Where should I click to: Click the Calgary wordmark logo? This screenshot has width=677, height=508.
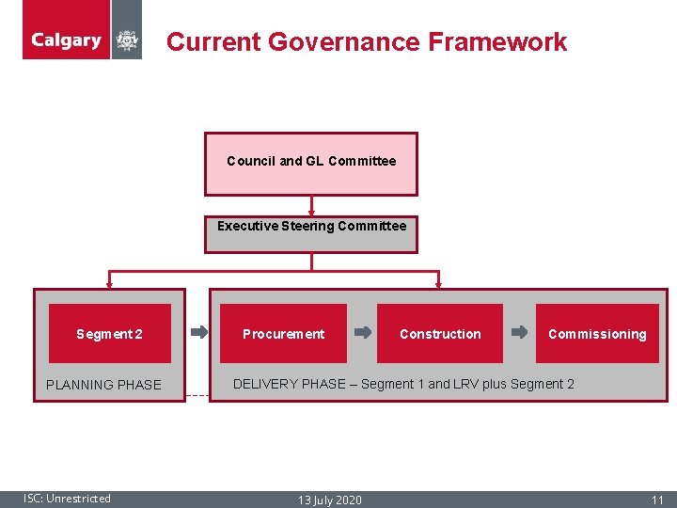[x=66, y=40]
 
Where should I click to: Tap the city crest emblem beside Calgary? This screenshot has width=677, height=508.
[x=127, y=41]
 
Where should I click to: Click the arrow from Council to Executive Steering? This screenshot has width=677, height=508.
[x=311, y=206]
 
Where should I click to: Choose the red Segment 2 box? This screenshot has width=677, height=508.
[x=110, y=334]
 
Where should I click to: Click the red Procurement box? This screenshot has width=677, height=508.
[x=283, y=334]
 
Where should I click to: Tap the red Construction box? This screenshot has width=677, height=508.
[x=439, y=334]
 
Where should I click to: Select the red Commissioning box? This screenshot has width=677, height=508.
[x=597, y=334]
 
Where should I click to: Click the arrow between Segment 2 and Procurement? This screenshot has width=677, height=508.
[x=199, y=332]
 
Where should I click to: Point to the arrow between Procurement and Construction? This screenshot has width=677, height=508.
[x=362, y=332]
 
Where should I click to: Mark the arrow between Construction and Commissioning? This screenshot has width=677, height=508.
[x=519, y=332]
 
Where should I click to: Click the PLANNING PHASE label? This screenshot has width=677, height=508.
[x=103, y=385]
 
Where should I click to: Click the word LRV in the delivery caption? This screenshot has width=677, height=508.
[x=464, y=384]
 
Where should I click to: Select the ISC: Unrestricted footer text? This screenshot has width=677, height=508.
[x=68, y=499]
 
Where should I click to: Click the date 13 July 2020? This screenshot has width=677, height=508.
[x=329, y=500]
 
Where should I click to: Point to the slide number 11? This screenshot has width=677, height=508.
[x=657, y=500]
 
